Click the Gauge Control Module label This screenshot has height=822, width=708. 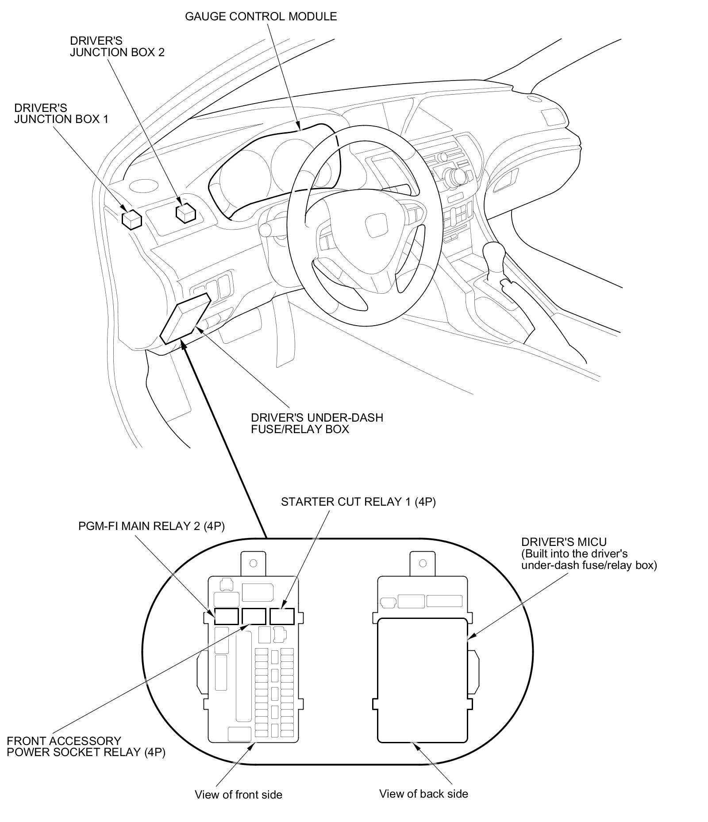(261, 17)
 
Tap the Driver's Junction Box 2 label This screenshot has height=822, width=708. (117, 46)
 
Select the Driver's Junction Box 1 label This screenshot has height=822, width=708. (61, 114)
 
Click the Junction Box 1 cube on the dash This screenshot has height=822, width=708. (131, 219)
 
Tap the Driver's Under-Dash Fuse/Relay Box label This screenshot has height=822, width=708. (317, 423)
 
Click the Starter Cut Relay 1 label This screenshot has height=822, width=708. (358, 502)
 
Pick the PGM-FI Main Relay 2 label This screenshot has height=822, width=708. (151, 526)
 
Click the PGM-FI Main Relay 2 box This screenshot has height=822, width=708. (227, 616)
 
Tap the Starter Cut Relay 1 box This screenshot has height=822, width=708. (282, 616)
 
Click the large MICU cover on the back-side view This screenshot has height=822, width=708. (422, 680)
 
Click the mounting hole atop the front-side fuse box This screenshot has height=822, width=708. (254, 563)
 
